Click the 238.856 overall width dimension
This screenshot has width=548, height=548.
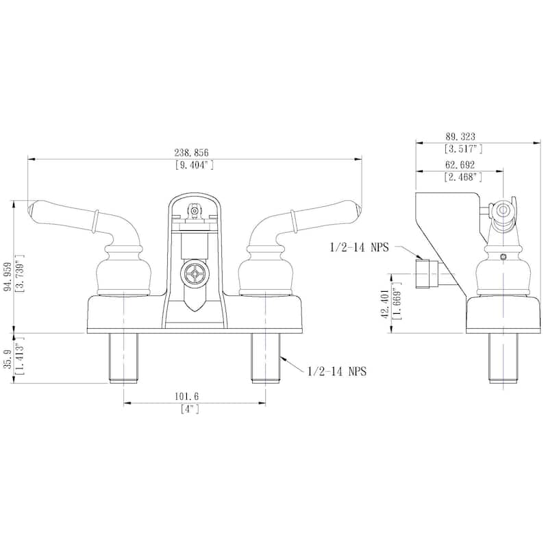pos(195,152)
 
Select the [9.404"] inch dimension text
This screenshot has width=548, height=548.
pos(195,164)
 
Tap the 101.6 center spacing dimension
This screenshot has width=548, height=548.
pos(195,397)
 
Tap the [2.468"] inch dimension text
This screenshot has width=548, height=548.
pos(464,177)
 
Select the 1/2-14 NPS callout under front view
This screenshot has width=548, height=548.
pos(337,371)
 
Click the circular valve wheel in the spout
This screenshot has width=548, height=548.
pos(195,274)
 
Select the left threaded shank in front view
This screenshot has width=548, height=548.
pos(123,358)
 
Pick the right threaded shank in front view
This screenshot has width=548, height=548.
pos(265,358)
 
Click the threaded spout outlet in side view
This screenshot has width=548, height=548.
pos(427,272)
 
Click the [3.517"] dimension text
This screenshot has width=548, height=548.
pos(464,148)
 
